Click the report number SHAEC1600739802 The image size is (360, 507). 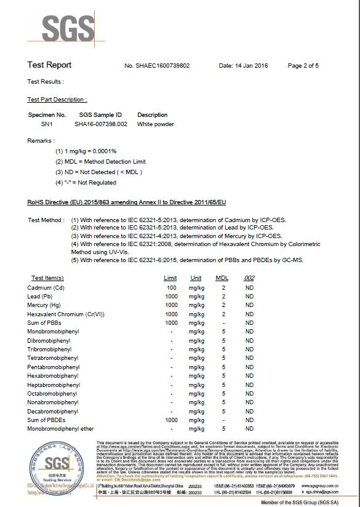[165, 65]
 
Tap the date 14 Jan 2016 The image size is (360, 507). [243, 65]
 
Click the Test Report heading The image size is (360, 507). [49, 65]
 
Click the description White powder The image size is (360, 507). [155, 124]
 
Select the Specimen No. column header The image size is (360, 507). [47, 114]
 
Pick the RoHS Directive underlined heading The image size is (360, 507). [127, 202]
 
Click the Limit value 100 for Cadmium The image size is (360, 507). [171, 287]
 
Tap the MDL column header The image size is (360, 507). [222, 278]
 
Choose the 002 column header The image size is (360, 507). [249, 278]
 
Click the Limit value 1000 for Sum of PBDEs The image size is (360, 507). [171, 420]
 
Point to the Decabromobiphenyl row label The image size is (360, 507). [53, 411]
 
